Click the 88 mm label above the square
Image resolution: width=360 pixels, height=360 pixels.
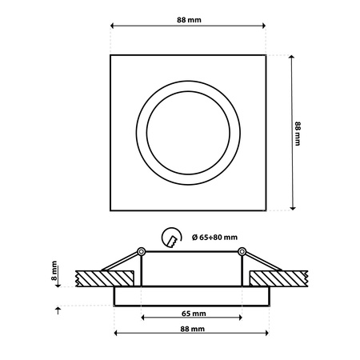coord(189,19)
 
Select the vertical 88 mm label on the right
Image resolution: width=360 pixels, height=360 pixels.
coord(297,133)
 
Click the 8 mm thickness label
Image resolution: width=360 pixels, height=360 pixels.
coord(54,273)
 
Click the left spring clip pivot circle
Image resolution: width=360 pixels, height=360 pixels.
coord(141,252)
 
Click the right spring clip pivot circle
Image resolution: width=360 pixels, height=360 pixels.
coord(241,252)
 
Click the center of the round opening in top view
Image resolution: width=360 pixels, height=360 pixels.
coord(190,132)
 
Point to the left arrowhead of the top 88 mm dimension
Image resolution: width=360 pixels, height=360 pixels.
coord(111,27)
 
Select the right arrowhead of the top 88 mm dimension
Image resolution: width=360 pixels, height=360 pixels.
coord(268,27)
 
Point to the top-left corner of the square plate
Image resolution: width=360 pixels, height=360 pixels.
coord(110,54)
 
